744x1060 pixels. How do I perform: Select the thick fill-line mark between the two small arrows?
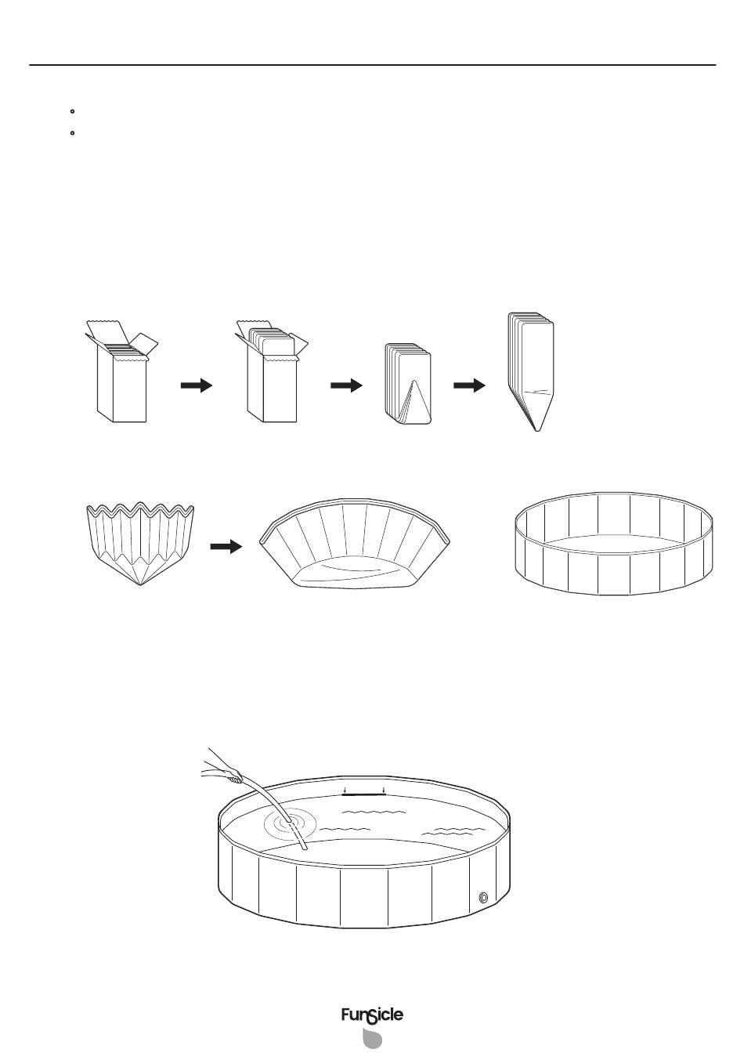click(363, 795)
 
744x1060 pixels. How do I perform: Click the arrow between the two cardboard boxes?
click(197, 385)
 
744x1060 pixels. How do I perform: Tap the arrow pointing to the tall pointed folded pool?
click(469, 385)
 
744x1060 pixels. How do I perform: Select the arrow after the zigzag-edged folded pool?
click(226, 547)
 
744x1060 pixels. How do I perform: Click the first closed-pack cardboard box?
click(121, 371)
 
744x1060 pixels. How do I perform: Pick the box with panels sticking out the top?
click(272, 371)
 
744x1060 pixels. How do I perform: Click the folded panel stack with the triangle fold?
click(408, 384)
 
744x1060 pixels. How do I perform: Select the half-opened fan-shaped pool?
click(355, 542)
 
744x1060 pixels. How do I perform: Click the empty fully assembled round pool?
click(613, 543)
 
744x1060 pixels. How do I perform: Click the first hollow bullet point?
click(72, 112)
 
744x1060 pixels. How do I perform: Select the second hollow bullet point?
click(72, 133)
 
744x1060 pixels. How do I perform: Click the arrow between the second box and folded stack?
click(346, 385)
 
